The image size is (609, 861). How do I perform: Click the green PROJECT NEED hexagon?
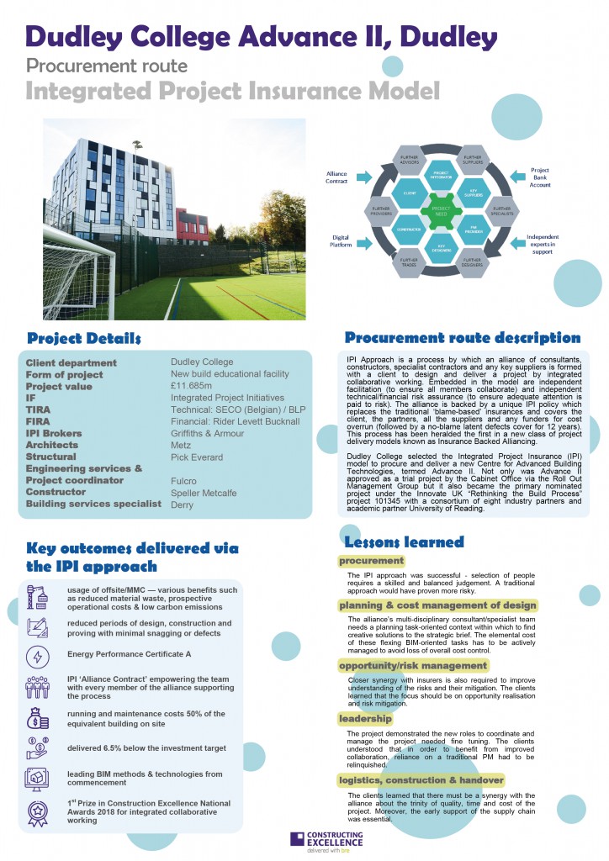(441, 211)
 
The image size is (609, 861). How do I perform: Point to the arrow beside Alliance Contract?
(363, 177)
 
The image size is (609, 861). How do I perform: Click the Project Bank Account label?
(539, 177)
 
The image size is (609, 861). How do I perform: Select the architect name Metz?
(180, 445)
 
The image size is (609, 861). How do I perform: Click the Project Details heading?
(84, 339)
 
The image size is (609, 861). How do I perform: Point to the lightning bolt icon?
(39, 655)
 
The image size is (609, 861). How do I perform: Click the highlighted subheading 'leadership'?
(365, 719)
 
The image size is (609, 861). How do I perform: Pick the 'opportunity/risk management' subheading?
(413, 665)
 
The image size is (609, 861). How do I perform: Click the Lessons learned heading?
(404, 542)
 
